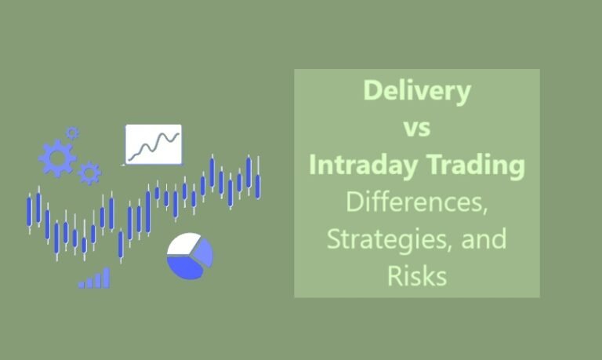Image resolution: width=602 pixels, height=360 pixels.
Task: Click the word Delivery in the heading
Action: tap(416, 91)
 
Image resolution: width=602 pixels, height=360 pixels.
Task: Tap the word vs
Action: tap(416, 128)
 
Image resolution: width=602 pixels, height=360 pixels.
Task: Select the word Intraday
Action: tap(359, 165)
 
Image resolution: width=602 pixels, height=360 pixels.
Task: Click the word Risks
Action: tap(416, 276)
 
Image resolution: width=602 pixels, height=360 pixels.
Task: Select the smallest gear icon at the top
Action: tap(73, 133)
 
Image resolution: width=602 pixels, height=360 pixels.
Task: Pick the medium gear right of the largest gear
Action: tap(89, 173)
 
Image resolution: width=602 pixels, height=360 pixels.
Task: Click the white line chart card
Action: tap(153, 144)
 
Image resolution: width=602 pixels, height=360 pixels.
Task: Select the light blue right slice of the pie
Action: tap(203, 253)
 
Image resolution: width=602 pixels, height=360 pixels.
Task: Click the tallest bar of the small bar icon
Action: tap(107, 278)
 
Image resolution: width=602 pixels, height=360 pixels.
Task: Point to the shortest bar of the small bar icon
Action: tap(81, 285)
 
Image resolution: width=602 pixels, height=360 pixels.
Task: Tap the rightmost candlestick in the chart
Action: tap(258, 185)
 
